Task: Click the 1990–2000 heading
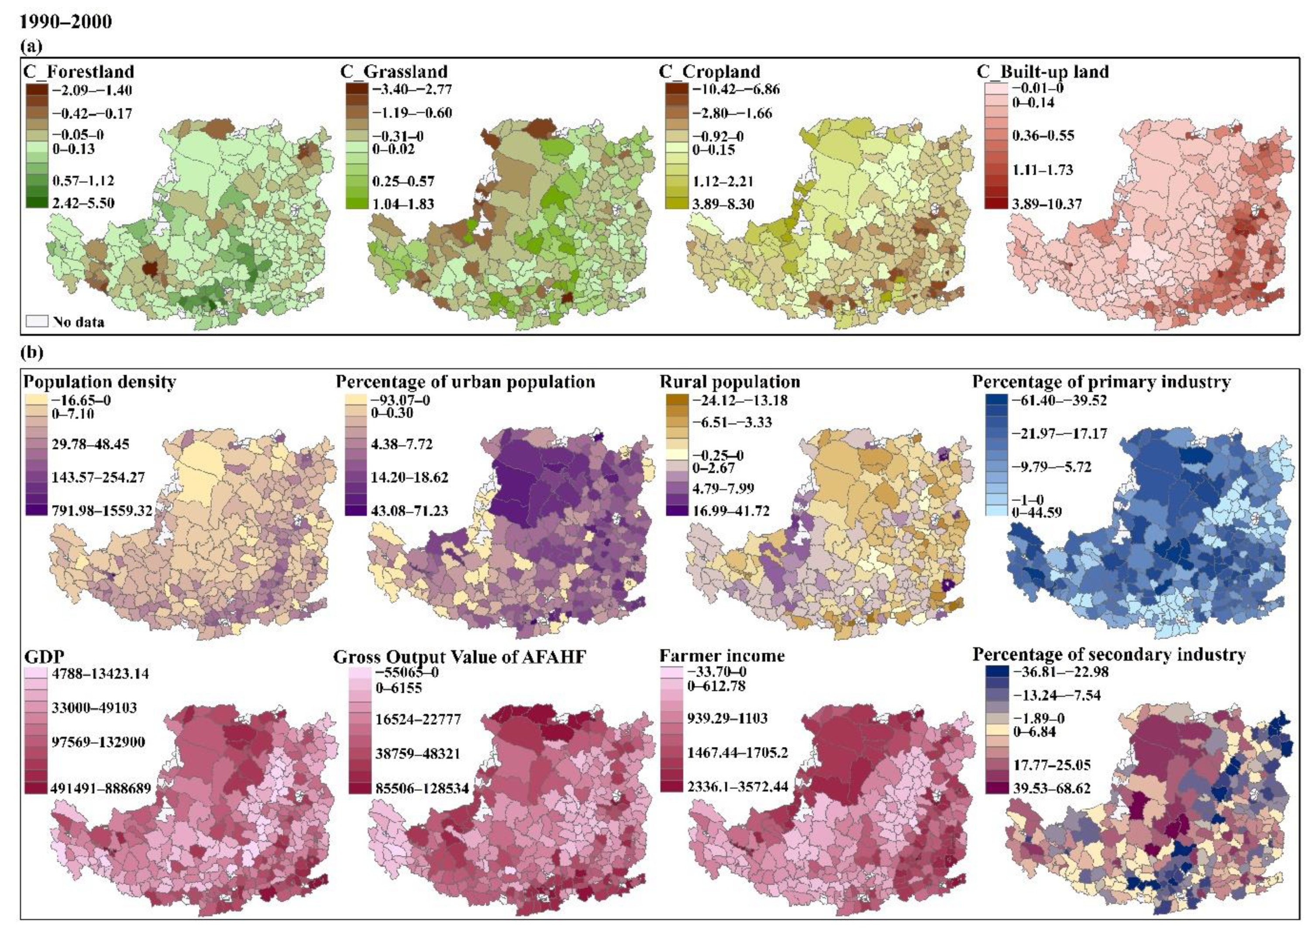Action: pyautogui.click(x=65, y=22)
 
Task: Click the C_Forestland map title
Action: pyautogui.click(x=79, y=72)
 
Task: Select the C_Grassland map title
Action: pyautogui.click(x=394, y=72)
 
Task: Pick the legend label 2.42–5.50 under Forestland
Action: pyautogui.click(x=84, y=203)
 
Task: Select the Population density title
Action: pyautogui.click(x=100, y=382)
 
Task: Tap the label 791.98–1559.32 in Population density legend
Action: pyautogui.click(x=103, y=510)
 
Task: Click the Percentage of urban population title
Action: pyautogui.click(x=466, y=382)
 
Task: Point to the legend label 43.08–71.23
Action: pyautogui.click(x=410, y=510)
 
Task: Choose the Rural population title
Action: pyautogui.click(x=730, y=382)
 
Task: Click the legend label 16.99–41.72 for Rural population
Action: pyautogui.click(x=731, y=510)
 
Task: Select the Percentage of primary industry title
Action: pyautogui.click(x=1101, y=382)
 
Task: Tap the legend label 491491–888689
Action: pyautogui.click(x=101, y=788)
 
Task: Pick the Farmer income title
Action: pyautogui.click(x=722, y=656)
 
